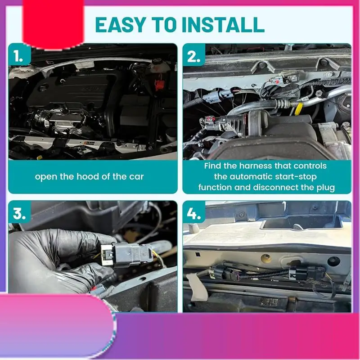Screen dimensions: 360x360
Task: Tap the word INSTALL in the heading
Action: pyautogui.click(x=223, y=25)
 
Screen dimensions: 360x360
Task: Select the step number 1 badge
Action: pyautogui.click(x=19, y=55)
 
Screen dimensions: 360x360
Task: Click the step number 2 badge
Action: pyautogui.click(x=194, y=55)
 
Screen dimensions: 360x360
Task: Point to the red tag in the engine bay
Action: pyautogui.click(x=158, y=85)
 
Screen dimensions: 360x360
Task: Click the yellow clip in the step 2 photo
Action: pyautogui.click(x=298, y=108)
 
